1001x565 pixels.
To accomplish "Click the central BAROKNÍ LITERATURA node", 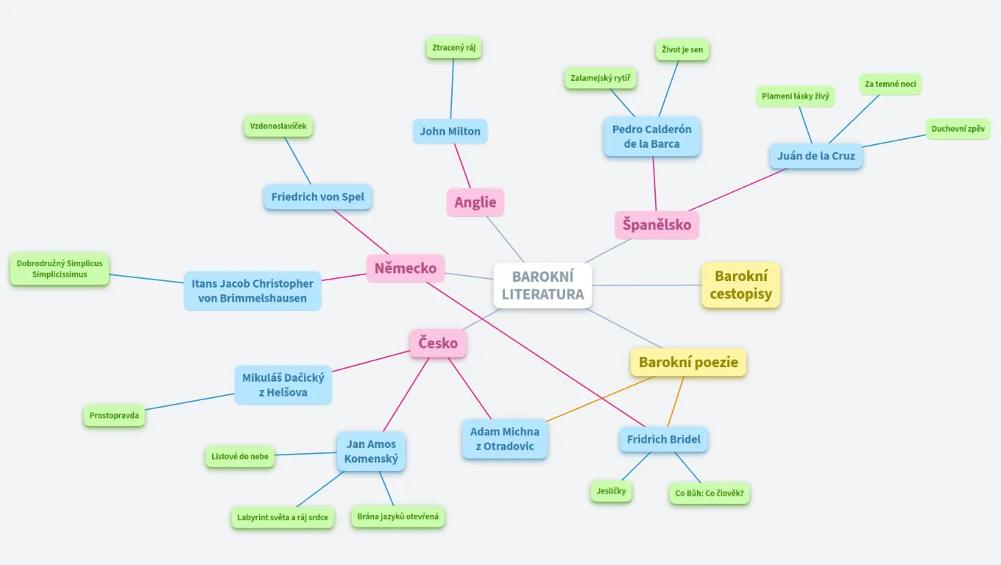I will [x=542, y=285].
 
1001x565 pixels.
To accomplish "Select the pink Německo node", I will [x=405, y=268].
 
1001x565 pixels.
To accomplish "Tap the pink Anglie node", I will [x=475, y=202].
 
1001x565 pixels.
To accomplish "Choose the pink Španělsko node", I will [x=657, y=224].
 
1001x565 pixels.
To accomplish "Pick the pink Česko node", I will [x=438, y=343].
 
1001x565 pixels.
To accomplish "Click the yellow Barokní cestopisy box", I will [x=740, y=285].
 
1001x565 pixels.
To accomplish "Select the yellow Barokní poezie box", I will [x=688, y=362].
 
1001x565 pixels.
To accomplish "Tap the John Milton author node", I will [x=450, y=132].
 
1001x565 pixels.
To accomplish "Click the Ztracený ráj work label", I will [x=453, y=48].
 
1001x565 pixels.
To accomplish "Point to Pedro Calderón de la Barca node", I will [x=651, y=136].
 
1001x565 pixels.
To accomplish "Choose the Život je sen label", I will [x=682, y=50].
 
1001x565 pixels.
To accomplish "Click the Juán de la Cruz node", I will [x=816, y=156].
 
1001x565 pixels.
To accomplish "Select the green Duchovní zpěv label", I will [x=958, y=129].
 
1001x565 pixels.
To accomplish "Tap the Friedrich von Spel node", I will [x=317, y=197].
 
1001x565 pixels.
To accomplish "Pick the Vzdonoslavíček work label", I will [x=278, y=126].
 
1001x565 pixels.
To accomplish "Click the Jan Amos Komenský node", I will [x=371, y=451].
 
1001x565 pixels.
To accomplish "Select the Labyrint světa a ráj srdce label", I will [x=282, y=517].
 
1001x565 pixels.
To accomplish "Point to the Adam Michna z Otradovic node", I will [x=504, y=438].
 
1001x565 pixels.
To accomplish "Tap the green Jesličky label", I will [x=611, y=491].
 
